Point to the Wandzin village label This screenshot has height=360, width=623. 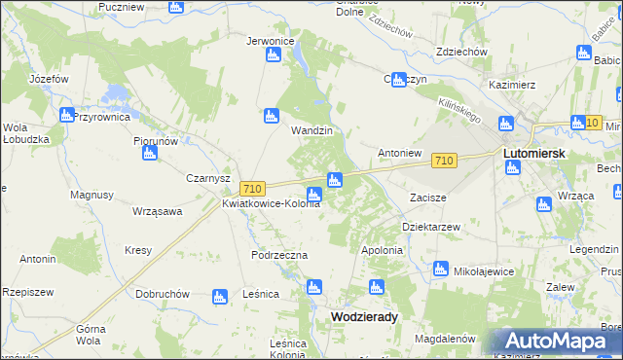pyautogui.click(x=312, y=130)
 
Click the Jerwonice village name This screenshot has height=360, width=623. pyautogui.click(x=271, y=42)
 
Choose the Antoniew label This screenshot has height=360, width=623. pyautogui.click(x=399, y=153)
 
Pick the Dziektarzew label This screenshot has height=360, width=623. pyautogui.click(x=430, y=226)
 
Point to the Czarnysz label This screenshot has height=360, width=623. pyautogui.click(x=207, y=178)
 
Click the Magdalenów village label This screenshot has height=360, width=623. pyautogui.click(x=444, y=339)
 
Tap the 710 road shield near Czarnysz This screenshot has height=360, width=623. pyautogui.click(x=252, y=188)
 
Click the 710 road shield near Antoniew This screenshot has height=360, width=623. pyautogui.click(x=444, y=160)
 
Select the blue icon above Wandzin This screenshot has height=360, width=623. pyautogui.click(x=272, y=117)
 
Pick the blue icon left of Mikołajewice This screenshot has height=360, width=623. pyautogui.click(x=440, y=268)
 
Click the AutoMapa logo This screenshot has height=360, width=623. pyautogui.click(x=556, y=342)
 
